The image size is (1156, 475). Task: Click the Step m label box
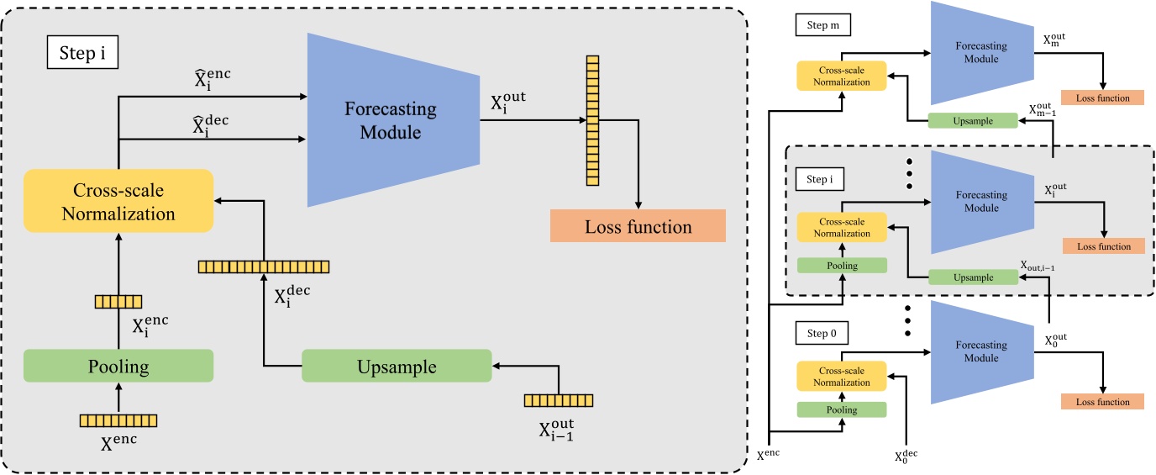click(x=822, y=27)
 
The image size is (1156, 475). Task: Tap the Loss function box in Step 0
click(x=1102, y=402)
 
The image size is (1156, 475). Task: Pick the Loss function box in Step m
click(x=1102, y=98)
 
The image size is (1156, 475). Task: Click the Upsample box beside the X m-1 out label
click(x=972, y=121)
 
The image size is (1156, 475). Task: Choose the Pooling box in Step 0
click(x=842, y=409)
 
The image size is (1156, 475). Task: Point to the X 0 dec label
click(x=906, y=457)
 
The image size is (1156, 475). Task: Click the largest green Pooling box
click(x=118, y=367)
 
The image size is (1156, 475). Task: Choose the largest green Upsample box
click(x=396, y=367)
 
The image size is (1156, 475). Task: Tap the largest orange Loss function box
click(x=638, y=226)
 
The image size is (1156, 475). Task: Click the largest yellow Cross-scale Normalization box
click(x=118, y=202)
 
